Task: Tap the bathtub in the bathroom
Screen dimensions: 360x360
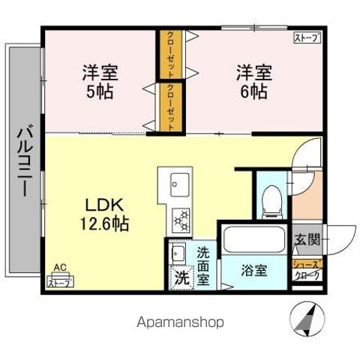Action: click(253, 241)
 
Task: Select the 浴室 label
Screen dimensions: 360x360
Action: click(252, 270)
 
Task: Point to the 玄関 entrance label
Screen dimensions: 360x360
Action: click(307, 240)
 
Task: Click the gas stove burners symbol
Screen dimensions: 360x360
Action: click(180, 218)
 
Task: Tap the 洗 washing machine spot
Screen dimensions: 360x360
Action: click(180, 276)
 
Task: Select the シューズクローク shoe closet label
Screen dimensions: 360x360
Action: click(305, 269)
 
